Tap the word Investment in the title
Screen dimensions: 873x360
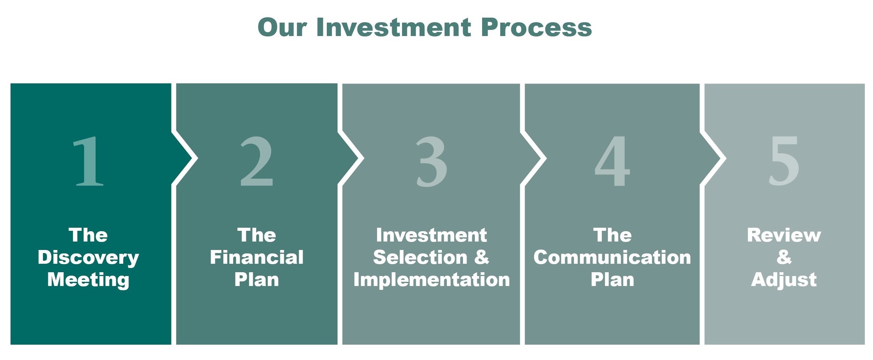click(394, 27)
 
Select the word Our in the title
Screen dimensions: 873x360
click(282, 27)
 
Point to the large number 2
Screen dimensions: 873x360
click(257, 161)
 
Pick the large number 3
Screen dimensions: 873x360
click(432, 161)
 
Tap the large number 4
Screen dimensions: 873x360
click(612, 161)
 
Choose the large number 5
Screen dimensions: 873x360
click(784, 161)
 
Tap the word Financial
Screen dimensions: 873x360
click(257, 257)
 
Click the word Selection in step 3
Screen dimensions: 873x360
click(420, 257)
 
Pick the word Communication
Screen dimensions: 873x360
click(612, 257)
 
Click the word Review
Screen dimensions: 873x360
click(784, 235)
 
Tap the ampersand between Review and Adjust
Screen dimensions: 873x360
click(784, 257)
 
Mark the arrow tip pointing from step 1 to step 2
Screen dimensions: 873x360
click(197, 158)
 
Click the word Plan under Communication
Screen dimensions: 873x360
click(612, 279)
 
